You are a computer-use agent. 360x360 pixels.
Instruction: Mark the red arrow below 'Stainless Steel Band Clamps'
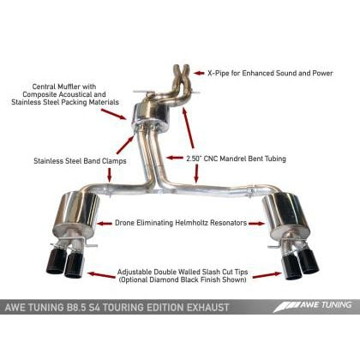(x=110, y=175)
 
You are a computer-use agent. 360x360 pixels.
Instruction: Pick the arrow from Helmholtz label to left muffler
(x=105, y=223)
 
